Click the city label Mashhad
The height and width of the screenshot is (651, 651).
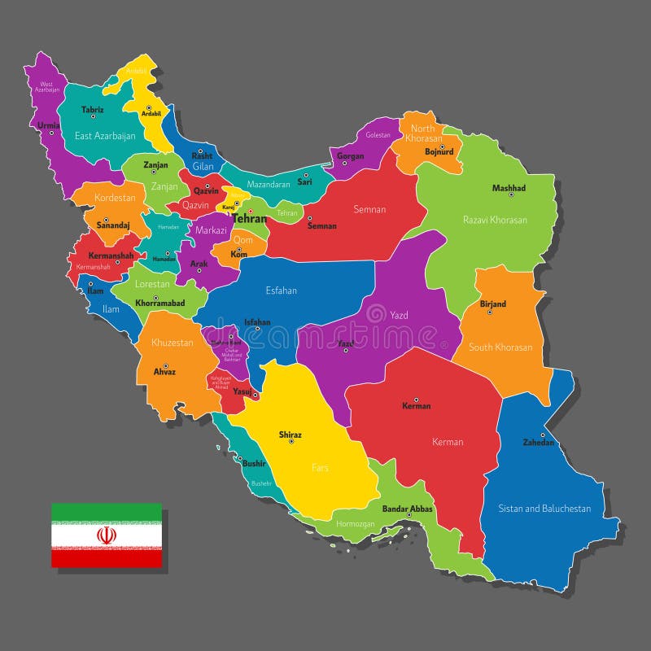click(x=509, y=188)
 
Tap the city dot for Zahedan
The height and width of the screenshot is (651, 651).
click(x=543, y=435)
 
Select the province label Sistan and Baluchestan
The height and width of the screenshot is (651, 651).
click(x=544, y=509)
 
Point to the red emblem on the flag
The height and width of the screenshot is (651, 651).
click(x=106, y=535)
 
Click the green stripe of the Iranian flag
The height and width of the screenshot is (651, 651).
click(x=106, y=512)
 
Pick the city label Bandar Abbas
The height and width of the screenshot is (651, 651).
click(x=408, y=509)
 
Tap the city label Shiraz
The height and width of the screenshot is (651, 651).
click(x=291, y=435)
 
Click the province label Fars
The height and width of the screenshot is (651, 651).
click(x=320, y=468)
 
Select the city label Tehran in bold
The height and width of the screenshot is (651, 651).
click(x=249, y=218)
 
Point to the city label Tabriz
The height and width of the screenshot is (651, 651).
click(x=93, y=109)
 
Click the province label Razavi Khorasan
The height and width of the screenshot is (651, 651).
click(x=495, y=220)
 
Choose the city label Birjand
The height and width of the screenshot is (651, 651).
click(x=493, y=304)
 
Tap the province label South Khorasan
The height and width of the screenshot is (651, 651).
click(x=500, y=347)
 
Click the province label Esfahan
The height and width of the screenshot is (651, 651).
click(x=281, y=291)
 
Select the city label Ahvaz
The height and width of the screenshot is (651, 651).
click(x=164, y=372)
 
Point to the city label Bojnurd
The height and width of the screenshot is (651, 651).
click(x=439, y=151)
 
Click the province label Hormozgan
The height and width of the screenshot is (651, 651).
click(x=356, y=524)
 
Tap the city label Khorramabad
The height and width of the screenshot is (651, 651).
click(x=160, y=303)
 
